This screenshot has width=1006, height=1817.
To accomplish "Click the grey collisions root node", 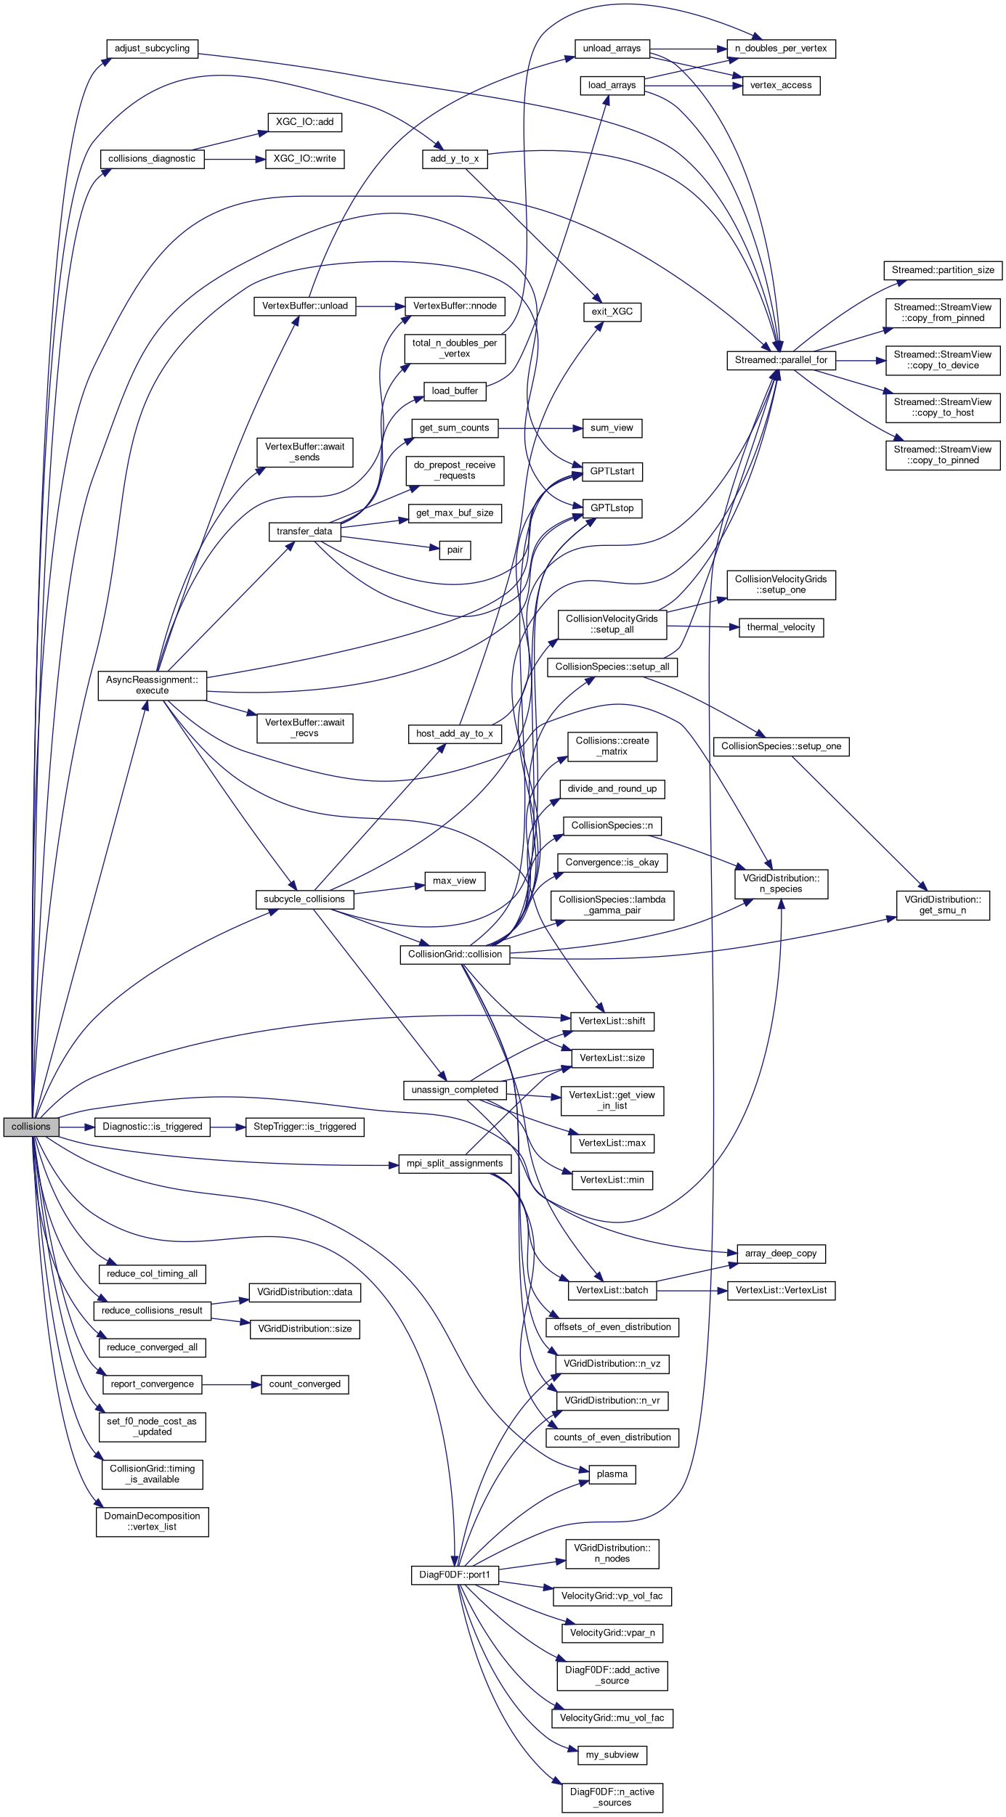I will tap(31, 1127).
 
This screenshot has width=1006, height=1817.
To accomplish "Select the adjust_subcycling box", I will tap(152, 49).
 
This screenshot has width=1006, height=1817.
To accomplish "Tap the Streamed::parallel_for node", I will tap(781, 360).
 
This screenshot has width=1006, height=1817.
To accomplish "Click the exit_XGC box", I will tap(612, 312).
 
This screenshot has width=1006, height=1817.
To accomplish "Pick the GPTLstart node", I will tap(612, 472).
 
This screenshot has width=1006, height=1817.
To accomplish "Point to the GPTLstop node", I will tap(612, 508).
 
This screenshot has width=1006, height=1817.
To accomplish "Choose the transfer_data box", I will tap(304, 531).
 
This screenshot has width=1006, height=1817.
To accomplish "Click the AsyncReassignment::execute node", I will tap(152, 685).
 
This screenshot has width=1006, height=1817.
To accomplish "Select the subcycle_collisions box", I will tap(304, 899).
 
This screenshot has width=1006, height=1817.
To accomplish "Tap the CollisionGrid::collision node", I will tap(455, 955).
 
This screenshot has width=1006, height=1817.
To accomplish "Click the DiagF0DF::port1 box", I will tap(455, 1575).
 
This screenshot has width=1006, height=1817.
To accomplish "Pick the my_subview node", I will tap(612, 1755).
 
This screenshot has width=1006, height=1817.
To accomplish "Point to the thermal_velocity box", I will tap(781, 627).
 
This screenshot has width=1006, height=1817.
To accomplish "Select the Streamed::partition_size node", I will tap(943, 270).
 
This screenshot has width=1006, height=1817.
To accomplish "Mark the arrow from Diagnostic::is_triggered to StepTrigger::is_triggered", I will tap(227, 1127).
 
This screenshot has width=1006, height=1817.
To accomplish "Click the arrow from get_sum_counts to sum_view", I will tap(540, 428).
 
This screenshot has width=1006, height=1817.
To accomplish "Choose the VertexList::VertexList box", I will tap(781, 1291).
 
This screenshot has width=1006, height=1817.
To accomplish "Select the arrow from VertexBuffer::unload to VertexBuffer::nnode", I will tap(380, 306).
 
